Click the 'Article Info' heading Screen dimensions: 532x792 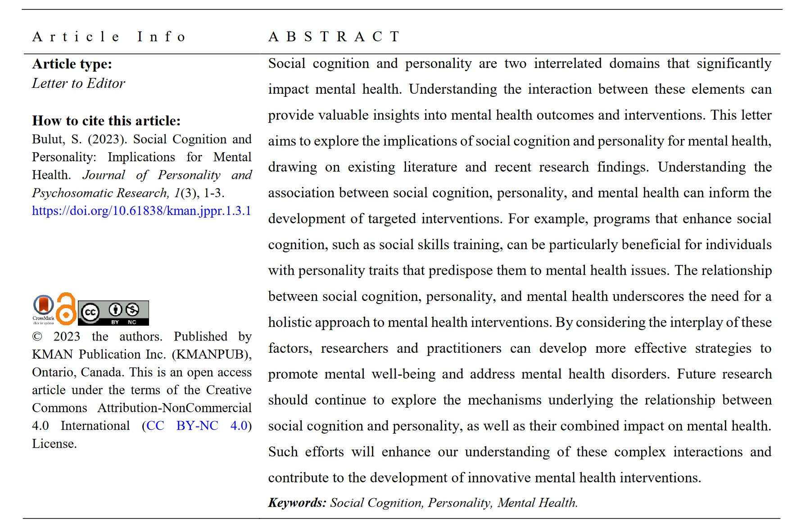[x=109, y=36]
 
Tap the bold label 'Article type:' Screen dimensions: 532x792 [x=72, y=64]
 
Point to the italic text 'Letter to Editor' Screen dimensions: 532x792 [x=78, y=83]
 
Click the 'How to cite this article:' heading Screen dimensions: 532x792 [x=106, y=121]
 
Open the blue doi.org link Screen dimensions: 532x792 [x=141, y=211]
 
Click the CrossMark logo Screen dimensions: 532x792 [x=43, y=309]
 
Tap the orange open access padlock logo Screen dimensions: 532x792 [x=66, y=309]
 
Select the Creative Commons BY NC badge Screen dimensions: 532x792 [x=113, y=313]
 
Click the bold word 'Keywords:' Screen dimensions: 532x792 [x=297, y=503]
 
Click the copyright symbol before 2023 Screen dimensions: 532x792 [x=37, y=337]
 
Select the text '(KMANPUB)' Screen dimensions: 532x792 [x=212, y=355]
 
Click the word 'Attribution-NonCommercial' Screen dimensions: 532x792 [x=174, y=408]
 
